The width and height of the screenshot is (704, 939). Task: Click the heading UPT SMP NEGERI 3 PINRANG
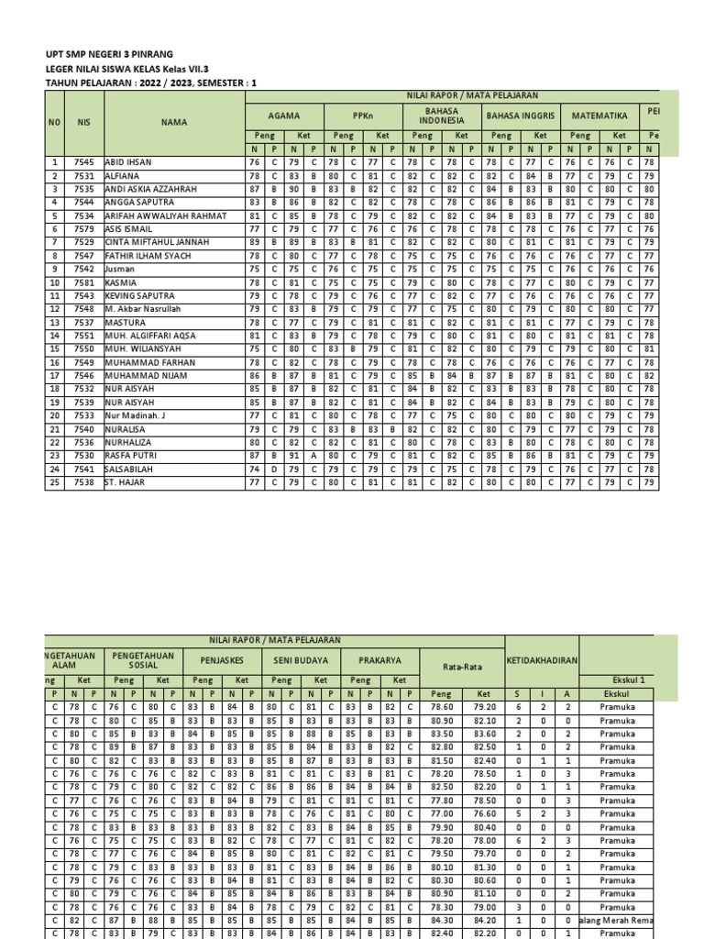pyautogui.click(x=109, y=55)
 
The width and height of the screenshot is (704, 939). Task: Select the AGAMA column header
pyautogui.click(x=284, y=116)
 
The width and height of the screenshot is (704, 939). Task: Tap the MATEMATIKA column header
pyautogui.click(x=599, y=116)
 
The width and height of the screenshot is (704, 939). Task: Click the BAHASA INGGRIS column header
pyautogui.click(x=521, y=116)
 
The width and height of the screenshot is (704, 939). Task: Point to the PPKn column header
pyautogui.click(x=364, y=116)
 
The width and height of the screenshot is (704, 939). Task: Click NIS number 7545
pyautogui.click(x=84, y=161)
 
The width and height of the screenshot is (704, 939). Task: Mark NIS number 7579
pyautogui.click(x=84, y=229)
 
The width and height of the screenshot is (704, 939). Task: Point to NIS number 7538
pyautogui.click(x=84, y=482)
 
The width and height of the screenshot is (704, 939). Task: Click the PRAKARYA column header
pyautogui.click(x=380, y=659)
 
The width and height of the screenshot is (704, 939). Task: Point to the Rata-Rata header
pyautogui.click(x=462, y=666)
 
